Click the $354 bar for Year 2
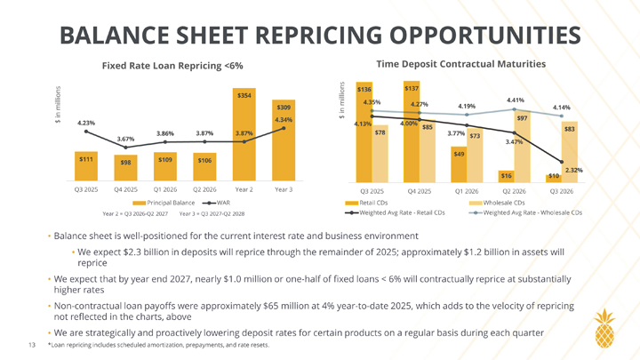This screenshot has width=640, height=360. pos(244,133)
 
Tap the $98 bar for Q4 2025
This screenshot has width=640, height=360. pos(124,167)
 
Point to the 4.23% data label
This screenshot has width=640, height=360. pos(86,123)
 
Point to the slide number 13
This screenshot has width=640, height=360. pos(32,344)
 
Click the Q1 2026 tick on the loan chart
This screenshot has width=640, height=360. pos(164,189)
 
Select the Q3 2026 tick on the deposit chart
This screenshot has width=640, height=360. pos(560,190)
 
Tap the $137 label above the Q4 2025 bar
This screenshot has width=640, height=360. pos(412,88)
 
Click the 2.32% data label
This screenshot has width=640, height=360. pos(573,169)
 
